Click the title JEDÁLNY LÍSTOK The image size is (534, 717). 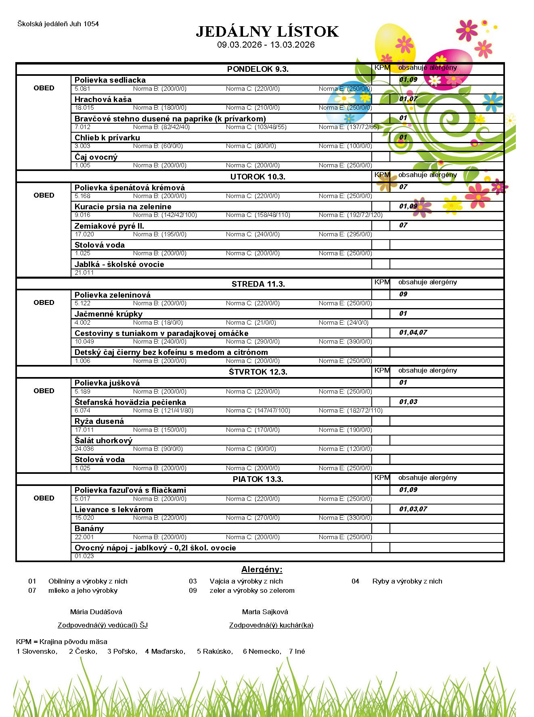coord(267,31)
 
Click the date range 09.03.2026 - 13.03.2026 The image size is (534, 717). coord(266,45)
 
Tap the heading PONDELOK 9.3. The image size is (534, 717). coord(258,69)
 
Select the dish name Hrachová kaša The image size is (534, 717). coord(103,99)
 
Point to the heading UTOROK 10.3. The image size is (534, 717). coord(258,177)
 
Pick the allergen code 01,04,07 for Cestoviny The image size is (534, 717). coord(413,332)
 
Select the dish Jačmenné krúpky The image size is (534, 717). coord(108,314)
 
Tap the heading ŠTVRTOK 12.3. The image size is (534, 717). coord(258,372)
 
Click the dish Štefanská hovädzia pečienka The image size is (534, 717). coord(130,402)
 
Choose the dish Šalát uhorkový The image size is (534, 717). coord(103,440)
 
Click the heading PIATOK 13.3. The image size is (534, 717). coord(258,479)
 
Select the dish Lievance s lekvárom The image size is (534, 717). coord(113,509)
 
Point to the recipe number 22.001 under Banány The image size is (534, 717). coord(84,537)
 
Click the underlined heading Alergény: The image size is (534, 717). coord(262,569)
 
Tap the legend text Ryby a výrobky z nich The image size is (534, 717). coord(407,581)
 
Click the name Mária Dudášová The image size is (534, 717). coord(96,612)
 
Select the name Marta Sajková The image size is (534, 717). coord(265,612)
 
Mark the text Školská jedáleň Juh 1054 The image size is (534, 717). coord(58,24)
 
